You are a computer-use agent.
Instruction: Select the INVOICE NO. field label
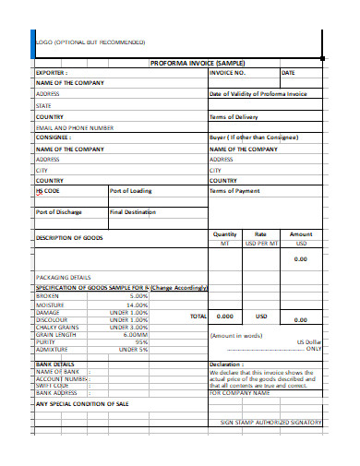click(x=228, y=72)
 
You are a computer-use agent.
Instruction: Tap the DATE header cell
click(x=288, y=72)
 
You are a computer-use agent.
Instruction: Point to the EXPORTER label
click(x=52, y=72)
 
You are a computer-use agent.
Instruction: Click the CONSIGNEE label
click(x=54, y=137)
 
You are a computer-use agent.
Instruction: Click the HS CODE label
click(x=47, y=191)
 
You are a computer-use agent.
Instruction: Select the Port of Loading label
click(x=130, y=191)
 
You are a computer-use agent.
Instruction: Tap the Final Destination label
click(x=133, y=212)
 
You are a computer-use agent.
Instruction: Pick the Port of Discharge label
click(x=60, y=212)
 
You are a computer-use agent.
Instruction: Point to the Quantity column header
click(x=225, y=234)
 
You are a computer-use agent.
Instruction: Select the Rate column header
click(x=260, y=234)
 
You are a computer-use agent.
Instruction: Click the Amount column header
click(x=301, y=234)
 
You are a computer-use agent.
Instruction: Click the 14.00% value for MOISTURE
click(x=137, y=305)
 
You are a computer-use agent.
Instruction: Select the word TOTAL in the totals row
click(x=198, y=316)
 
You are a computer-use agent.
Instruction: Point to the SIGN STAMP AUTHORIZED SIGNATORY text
click(x=270, y=423)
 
